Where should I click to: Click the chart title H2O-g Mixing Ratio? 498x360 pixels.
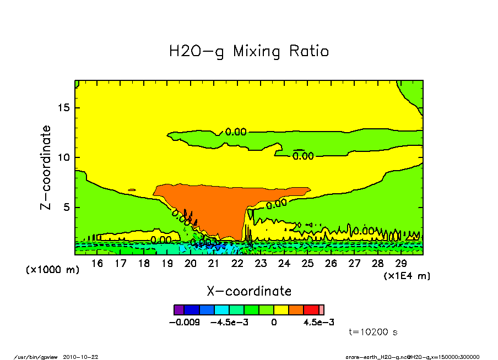(x=248, y=52)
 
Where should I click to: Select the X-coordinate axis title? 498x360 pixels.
(x=248, y=291)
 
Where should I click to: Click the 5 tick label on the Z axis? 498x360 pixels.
(x=67, y=208)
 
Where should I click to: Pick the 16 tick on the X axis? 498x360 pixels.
(x=97, y=264)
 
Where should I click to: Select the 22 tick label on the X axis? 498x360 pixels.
(x=237, y=264)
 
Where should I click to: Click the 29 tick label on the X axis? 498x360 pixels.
(x=401, y=264)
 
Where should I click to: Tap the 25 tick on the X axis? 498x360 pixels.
(x=307, y=264)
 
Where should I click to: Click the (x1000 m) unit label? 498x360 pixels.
(x=53, y=270)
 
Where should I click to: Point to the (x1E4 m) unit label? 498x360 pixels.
(x=407, y=275)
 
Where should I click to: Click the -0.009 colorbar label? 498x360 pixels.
(x=184, y=322)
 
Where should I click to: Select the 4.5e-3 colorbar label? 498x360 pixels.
(x=319, y=322)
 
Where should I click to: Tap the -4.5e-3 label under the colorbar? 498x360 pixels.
(x=230, y=322)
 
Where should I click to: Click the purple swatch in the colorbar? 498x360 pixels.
(x=178, y=310)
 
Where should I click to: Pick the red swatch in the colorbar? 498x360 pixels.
(x=311, y=310)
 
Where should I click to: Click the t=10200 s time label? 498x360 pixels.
(x=373, y=332)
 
